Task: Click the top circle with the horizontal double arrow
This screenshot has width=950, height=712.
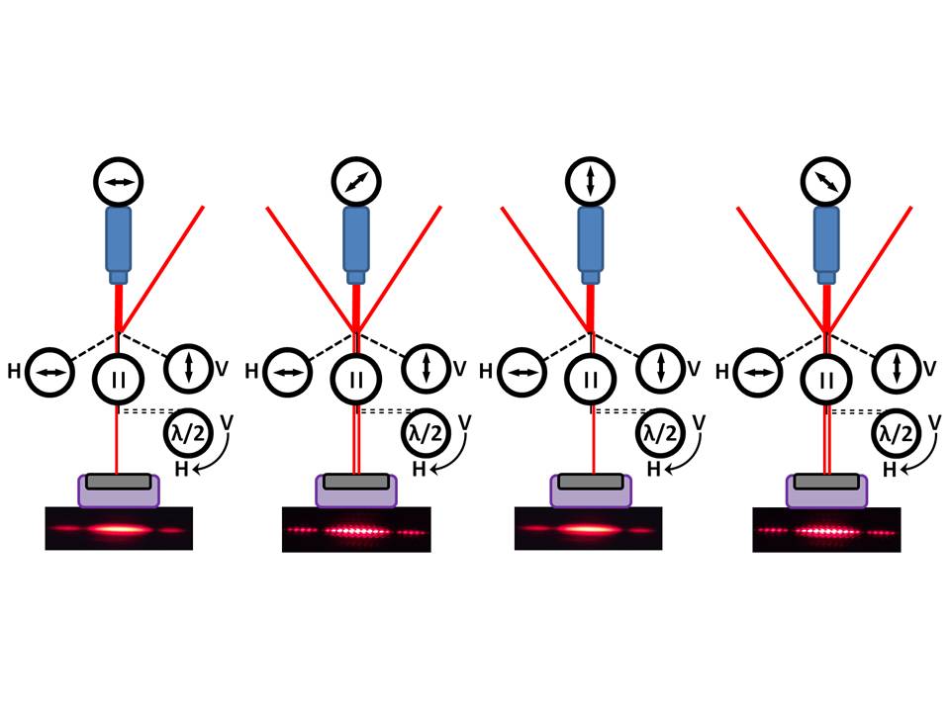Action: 119,182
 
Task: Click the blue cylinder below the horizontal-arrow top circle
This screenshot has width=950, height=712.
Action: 119,243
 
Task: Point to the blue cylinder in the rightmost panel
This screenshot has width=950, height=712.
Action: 825,243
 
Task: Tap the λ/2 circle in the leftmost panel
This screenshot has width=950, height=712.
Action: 186,433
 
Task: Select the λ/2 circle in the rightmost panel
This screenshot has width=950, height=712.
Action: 894,433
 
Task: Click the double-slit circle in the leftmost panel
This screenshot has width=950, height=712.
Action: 119,379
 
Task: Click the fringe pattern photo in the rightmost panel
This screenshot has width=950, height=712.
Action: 826,530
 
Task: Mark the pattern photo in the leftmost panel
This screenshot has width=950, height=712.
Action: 119,529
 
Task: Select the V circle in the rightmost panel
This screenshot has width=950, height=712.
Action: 897,368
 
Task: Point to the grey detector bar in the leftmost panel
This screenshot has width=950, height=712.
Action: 119,481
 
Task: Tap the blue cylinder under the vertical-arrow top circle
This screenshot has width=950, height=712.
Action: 591,243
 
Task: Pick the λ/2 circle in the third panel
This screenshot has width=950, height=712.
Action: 658,433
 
